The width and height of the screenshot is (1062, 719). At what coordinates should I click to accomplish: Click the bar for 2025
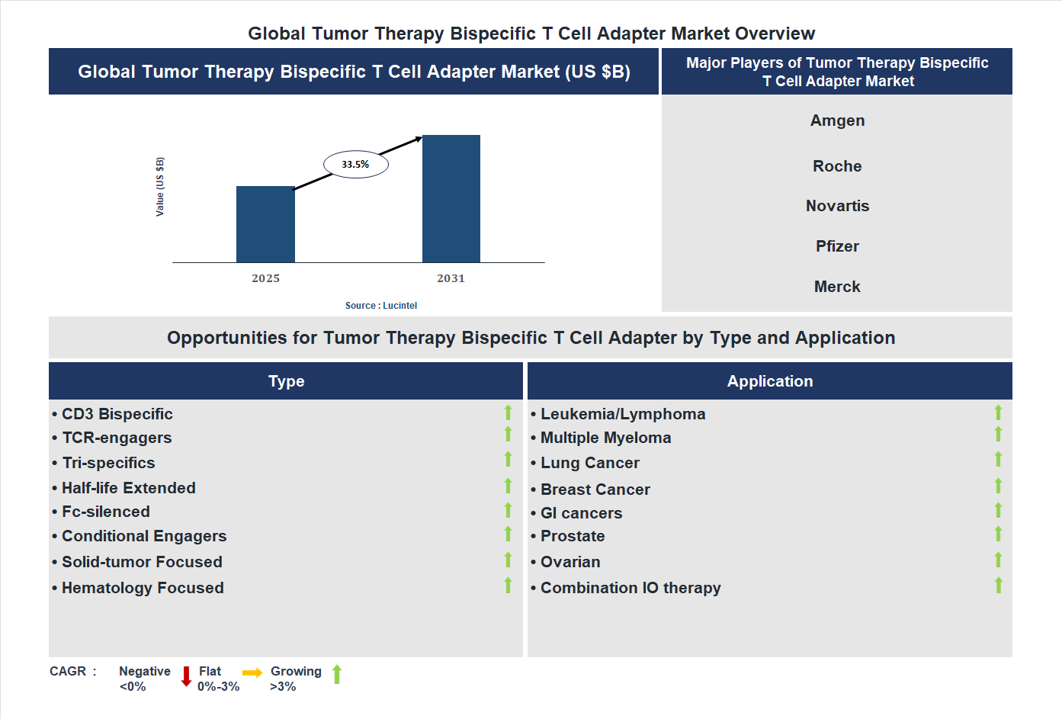click(x=265, y=224)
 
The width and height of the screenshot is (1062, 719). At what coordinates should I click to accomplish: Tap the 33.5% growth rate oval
click(x=356, y=164)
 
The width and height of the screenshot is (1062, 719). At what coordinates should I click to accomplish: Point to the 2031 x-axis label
click(x=451, y=278)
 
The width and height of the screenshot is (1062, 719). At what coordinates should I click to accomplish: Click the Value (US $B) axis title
click(x=160, y=187)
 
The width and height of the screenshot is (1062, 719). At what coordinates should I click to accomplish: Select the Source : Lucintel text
click(x=380, y=306)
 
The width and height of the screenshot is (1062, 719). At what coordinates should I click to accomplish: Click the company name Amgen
click(x=837, y=120)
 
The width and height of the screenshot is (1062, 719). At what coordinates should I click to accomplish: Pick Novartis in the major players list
click(x=837, y=206)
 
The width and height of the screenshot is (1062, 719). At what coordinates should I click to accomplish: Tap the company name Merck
click(x=837, y=287)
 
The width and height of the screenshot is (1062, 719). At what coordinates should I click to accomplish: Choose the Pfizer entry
click(x=837, y=246)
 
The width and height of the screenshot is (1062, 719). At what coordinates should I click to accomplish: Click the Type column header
click(x=286, y=381)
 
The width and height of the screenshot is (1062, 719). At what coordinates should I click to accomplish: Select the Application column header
click(x=770, y=381)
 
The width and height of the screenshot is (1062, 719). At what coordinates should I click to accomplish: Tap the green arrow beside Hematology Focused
click(x=508, y=586)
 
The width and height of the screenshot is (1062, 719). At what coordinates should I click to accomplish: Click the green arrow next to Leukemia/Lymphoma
click(x=998, y=412)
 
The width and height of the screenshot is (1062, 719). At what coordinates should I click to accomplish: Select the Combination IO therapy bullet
click(x=630, y=588)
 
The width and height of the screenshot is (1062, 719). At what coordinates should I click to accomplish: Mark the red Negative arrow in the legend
click(x=186, y=676)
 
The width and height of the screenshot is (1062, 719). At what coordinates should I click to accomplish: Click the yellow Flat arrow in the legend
click(x=252, y=672)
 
